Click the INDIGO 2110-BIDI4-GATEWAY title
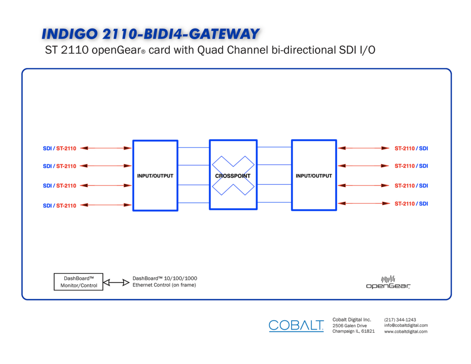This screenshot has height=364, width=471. click(150, 34)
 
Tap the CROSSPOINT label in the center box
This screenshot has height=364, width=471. click(233, 176)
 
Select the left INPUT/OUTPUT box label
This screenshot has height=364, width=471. click(155, 176)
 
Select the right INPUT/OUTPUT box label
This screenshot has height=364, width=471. click(314, 176)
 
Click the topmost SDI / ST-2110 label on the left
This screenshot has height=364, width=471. click(59, 148)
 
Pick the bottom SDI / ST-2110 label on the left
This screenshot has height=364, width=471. click(59, 205)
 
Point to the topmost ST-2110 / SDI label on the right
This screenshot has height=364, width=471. click(411, 148)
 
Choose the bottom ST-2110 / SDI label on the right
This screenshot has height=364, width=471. click(411, 204)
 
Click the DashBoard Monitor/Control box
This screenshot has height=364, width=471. click(78, 282)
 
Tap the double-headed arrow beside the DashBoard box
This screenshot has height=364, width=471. click(116, 282)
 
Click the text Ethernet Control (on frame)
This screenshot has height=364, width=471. click(164, 285)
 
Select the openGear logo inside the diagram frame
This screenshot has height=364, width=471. click(388, 282)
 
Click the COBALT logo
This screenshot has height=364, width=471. click(296, 325)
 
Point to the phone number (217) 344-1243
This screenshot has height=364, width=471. click(400, 320)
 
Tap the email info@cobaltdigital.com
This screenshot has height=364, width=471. click(406, 325)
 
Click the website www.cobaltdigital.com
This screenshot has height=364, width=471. click(406, 331)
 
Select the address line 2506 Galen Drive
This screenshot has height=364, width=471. click(350, 325)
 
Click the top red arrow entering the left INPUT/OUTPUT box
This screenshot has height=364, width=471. click(106, 148)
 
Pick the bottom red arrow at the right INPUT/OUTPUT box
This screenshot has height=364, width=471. click(364, 204)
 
